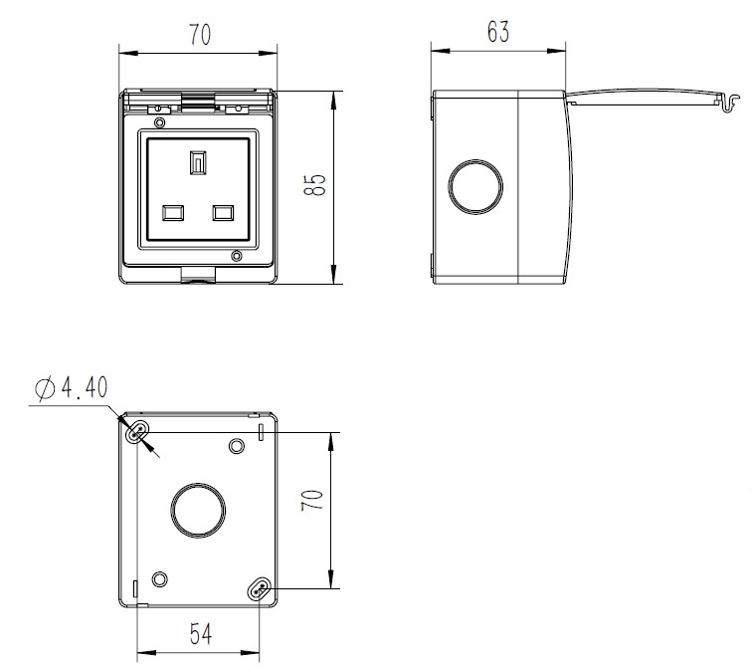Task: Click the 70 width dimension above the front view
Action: pyautogui.click(x=199, y=34)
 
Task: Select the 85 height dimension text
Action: pyautogui.click(x=315, y=186)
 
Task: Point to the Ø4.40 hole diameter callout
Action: pyautogui.click(x=71, y=388)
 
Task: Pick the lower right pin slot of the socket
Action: pyautogui.click(x=222, y=212)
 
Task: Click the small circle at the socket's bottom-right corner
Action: pyautogui.click(x=236, y=258)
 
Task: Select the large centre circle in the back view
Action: pyautogui.click(x=198, y=509)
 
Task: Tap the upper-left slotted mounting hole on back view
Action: pyautogui.click(x=137, y=433)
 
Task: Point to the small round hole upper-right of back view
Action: pyautogui.click(x=237, y=445)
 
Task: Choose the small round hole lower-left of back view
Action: pyautogui.click(x=160, y=579)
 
